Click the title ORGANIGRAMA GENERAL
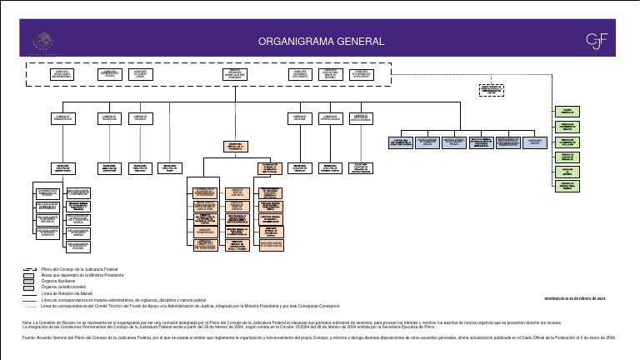[321, 41]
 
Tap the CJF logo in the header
[597, 40]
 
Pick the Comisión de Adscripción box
[109, 118]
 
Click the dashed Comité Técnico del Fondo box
[497, 89]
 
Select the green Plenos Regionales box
[566, 111]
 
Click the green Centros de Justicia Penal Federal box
[566, 186]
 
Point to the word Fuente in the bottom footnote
[28, 337]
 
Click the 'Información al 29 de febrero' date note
[574, 297]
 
